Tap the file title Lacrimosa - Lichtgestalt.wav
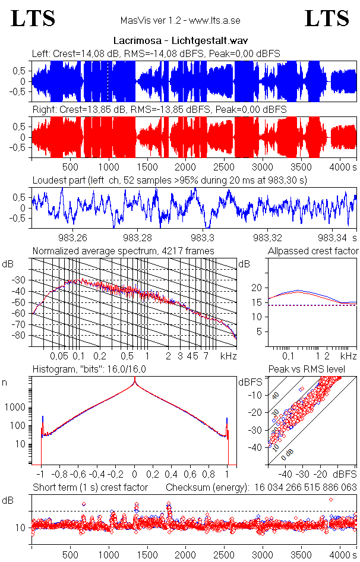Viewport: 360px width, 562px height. (x=180, y=40)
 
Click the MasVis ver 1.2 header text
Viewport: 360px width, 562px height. (x=180, y=20)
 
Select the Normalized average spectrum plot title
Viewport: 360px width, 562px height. (x=123, y=251)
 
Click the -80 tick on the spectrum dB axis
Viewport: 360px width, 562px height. (x=22, y=336)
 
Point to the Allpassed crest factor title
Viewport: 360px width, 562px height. (x=313, y=251)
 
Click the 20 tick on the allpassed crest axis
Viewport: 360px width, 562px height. (x=257, y=288)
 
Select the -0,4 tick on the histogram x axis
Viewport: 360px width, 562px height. (x=96, y=475)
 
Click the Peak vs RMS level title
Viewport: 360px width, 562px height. (x=315, y=370)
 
